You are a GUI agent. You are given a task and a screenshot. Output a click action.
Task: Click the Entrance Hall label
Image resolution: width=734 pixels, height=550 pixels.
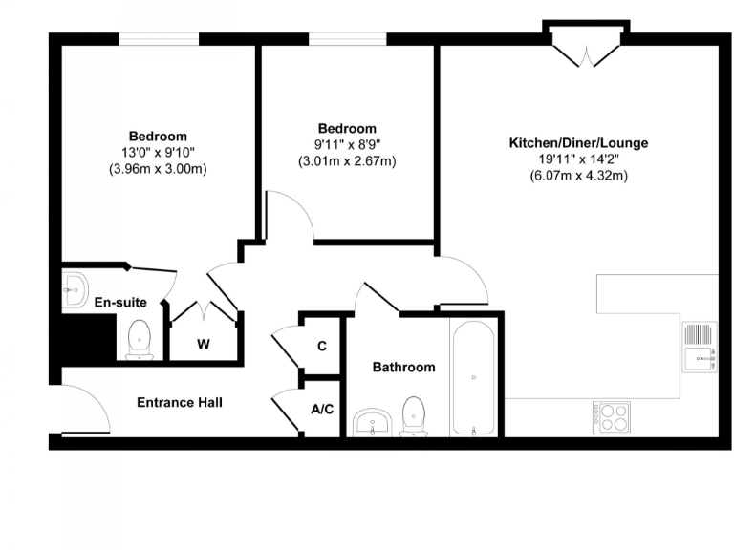(x=180, y=402)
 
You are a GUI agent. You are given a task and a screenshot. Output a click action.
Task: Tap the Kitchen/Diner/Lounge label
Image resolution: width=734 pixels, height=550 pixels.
(x=577, y=143)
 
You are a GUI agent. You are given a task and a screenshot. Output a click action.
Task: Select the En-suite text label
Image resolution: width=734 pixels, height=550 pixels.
(x=120, y=303)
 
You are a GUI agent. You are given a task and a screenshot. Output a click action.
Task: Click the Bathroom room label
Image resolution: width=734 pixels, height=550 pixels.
(x=403, y=367)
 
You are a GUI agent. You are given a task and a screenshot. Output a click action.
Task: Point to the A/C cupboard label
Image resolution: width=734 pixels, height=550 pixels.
(x=322, y=409)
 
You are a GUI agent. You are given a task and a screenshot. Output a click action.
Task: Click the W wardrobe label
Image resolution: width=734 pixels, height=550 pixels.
(x=204, y=345)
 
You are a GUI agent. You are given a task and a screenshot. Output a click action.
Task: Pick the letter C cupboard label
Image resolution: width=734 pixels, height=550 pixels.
(x=322, y=345)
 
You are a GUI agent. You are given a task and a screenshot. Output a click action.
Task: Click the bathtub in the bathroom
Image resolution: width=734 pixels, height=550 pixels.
(x=474, y=378)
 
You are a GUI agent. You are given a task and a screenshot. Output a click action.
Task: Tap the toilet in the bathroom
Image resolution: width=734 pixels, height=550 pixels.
(x=414, y=416)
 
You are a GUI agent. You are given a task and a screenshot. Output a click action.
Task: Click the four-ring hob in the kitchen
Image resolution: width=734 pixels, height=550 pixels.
(x=611, y=415)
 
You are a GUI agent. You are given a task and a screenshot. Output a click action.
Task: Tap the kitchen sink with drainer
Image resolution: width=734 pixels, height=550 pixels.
(x=699, y=347)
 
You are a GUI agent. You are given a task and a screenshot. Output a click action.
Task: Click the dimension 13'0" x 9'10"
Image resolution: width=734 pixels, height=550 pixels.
(x=158, y=153)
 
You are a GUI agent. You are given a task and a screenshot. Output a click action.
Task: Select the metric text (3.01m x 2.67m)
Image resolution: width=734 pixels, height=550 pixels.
(x=347, y=161)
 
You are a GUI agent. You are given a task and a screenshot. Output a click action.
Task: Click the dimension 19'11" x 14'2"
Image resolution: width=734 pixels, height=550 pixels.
(x=577, y=159)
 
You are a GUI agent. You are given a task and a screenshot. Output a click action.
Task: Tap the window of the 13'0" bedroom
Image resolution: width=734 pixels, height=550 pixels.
(x=159, y=39)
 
